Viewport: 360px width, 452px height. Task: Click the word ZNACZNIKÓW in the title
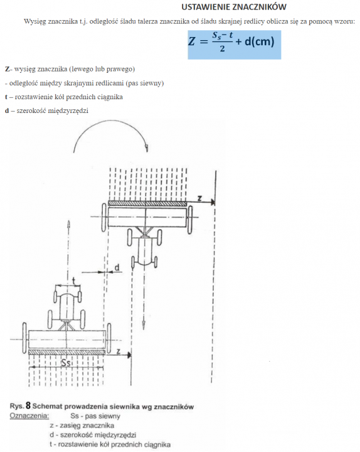(x=259, y=7)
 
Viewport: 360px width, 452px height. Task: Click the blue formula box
(x=235, y=45)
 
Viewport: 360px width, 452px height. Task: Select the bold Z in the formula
(x=191, y=41)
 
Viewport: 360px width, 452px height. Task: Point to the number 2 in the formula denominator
(x=222, y=49)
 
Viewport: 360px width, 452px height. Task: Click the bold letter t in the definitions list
(x=6, y=97)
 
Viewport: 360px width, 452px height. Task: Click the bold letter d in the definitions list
(x=7, y=110)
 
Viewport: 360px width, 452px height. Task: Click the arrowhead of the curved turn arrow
(x=147, y=148)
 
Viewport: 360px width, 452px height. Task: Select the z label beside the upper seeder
(x=199, y=198)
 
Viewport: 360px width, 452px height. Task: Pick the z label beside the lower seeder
(x=119, y=351)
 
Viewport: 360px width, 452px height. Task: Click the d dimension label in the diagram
(x=117, y=267)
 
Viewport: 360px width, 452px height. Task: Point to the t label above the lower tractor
(x=74, y=281)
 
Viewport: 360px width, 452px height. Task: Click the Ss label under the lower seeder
(x=66, y=363)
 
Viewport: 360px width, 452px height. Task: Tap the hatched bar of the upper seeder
(x=147, y=203)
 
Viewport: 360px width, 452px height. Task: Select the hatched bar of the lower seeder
(x=67, y=352)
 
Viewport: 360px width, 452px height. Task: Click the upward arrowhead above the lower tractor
(x=68, y=224)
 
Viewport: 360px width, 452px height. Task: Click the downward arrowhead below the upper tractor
(x=144, y=325)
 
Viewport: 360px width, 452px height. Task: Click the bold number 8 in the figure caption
(x=28, y=406)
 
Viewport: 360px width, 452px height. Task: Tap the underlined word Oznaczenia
(x=29, y=416)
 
